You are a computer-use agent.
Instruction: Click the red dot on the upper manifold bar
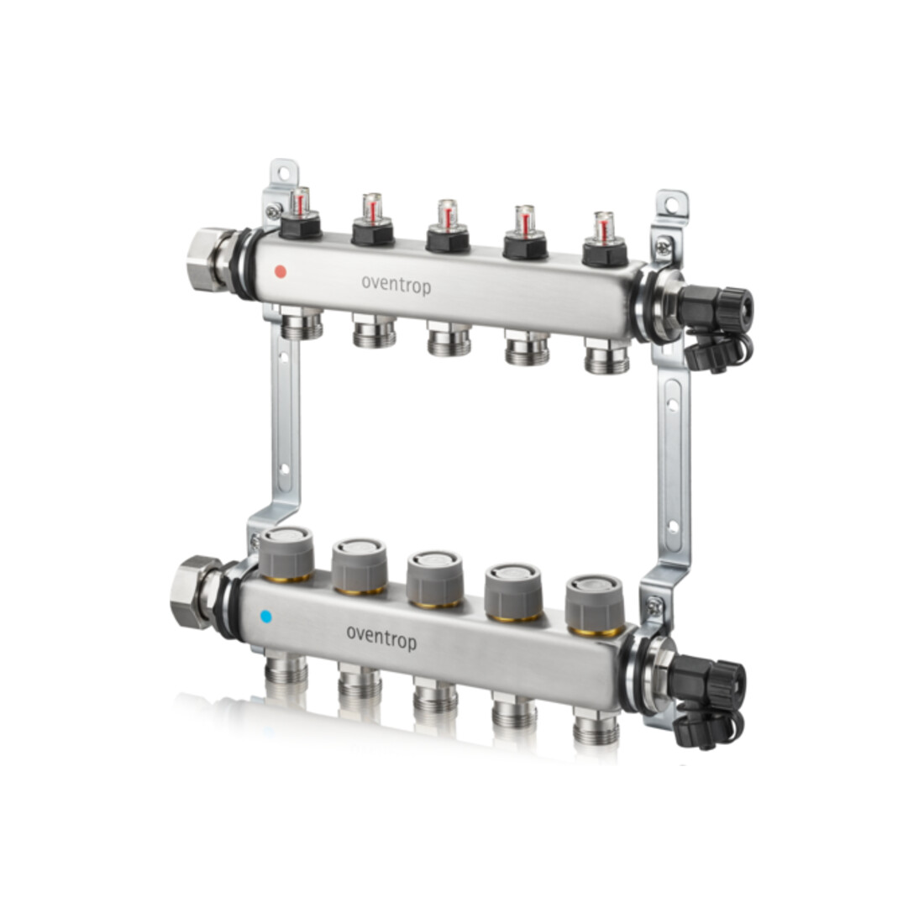click(x=281, y=271)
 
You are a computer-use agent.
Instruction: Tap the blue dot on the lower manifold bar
click(x=265, y=617)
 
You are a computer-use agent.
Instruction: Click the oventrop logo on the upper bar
click(x=396, y=286)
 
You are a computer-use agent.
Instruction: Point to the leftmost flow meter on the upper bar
click(x=300, y=213)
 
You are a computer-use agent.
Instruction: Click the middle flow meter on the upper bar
click(x=447, y=227)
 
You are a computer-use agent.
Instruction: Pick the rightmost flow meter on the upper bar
click(x=604, y=239)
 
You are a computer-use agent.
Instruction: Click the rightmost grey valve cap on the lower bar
click(x=594, y=606)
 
